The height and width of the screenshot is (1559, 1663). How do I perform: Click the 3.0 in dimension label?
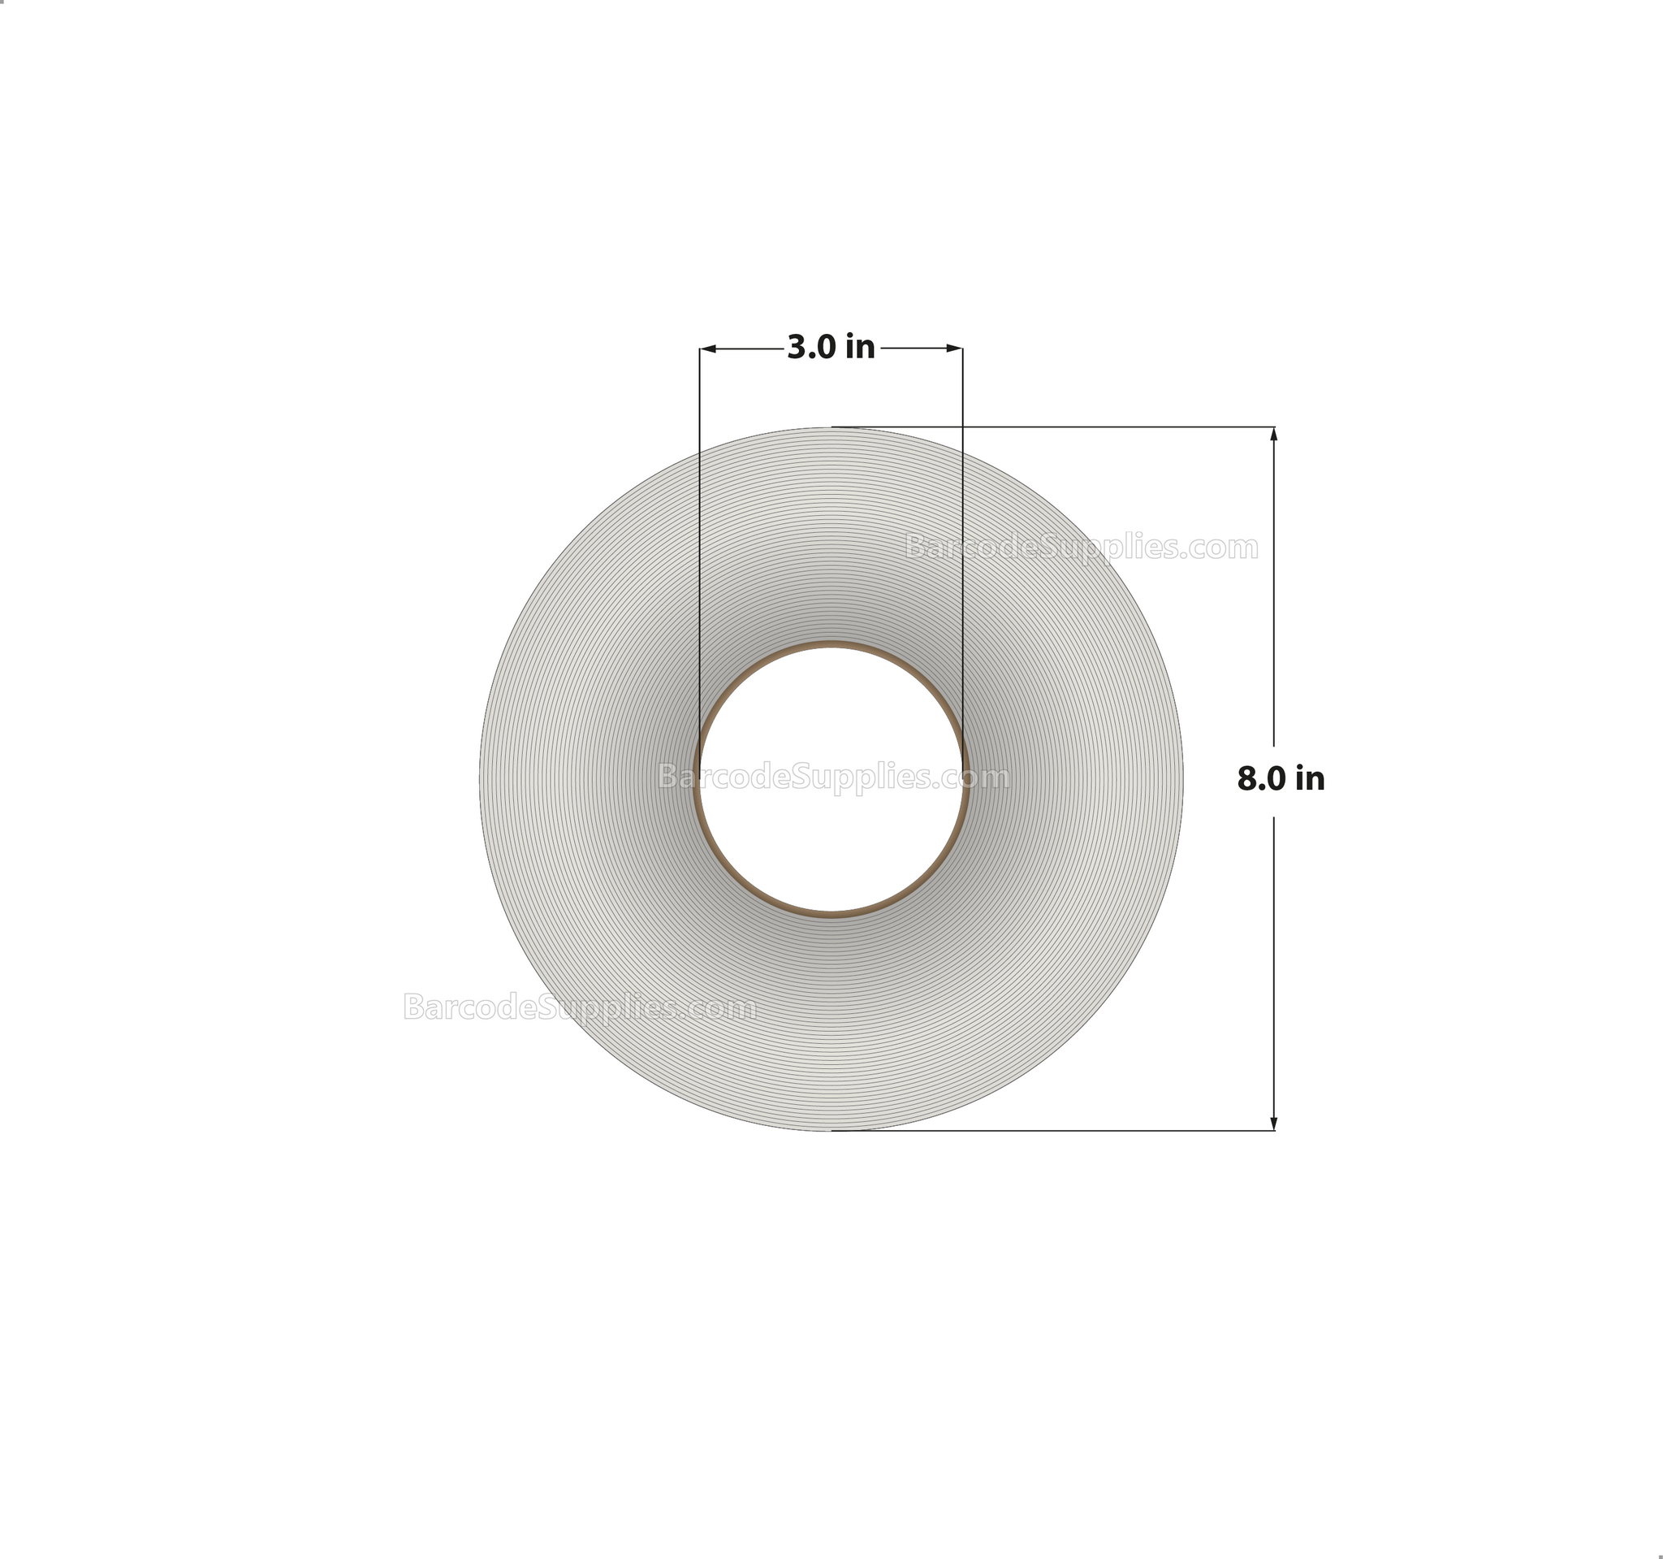(831, 347)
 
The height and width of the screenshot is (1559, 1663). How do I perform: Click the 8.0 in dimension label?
(1281, 779)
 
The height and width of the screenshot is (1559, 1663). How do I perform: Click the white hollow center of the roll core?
(831, 829)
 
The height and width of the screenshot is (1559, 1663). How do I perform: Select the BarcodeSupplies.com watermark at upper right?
(1082, 548)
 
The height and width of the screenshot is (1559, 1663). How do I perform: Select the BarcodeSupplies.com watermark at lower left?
(580, 1007)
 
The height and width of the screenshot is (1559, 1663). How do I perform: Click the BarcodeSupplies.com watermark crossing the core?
(833, 777)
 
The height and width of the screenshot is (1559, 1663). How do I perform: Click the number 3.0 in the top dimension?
(812, 347)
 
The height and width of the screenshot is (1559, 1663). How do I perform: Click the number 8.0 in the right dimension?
(1263, 779)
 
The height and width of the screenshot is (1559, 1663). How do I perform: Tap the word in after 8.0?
(1310, 779)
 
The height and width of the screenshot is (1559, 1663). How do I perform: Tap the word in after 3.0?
(860, 347)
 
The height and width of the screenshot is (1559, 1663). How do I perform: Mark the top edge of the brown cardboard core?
(831, 645)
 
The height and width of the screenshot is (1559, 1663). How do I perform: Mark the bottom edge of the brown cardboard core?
(831, 914)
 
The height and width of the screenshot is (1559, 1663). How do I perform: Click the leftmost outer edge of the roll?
(480, 779)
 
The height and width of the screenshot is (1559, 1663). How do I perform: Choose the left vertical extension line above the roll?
(700, 393)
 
